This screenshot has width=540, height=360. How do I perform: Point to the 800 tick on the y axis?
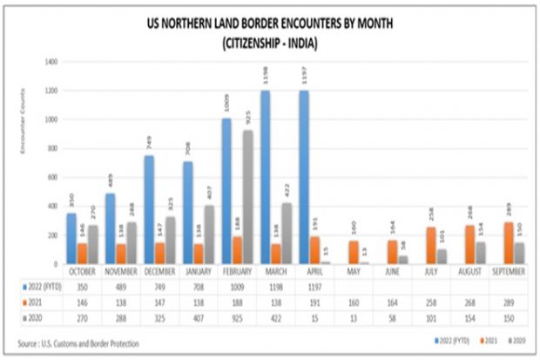click(x=51, y=148)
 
